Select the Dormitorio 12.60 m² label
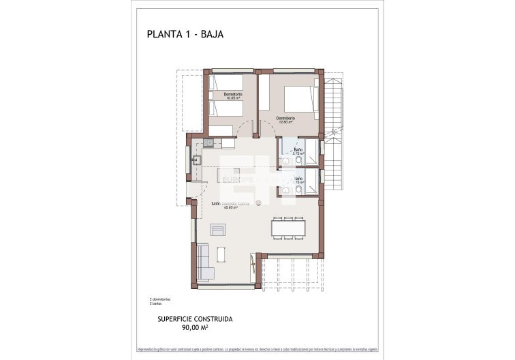coord(285,120)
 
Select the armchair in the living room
coord(218,230)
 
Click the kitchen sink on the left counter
coord(196,160)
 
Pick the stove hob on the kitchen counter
coord(208,143)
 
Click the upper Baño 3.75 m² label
coord(298,151)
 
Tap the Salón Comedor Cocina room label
coord(231,205)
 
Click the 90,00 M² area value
coord(195,327)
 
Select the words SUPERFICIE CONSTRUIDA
coord(195,318)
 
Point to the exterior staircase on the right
coord(334,136)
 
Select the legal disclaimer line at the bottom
coord(257,348)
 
